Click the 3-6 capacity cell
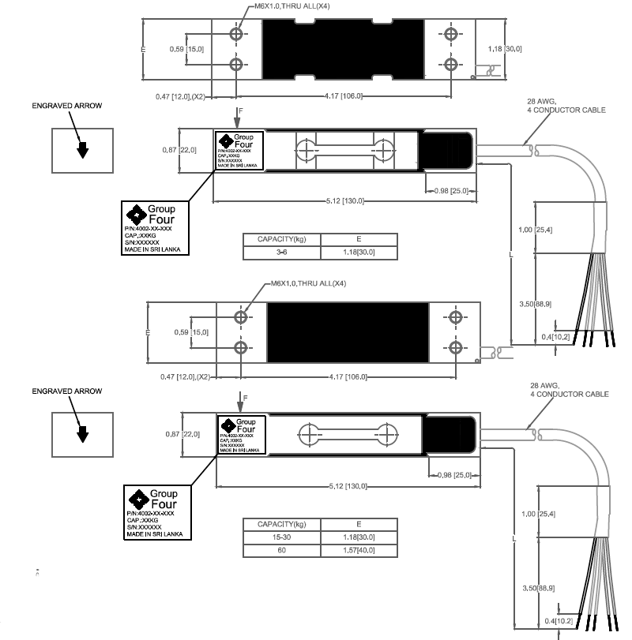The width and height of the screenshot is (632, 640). (281, 252)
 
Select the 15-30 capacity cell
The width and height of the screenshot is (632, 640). (281, 537)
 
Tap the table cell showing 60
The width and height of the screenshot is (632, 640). (281, 551)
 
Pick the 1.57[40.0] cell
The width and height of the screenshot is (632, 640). (358, 551)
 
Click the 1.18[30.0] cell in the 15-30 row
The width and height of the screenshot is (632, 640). (358, 537)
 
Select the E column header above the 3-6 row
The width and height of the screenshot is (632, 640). (358, 239)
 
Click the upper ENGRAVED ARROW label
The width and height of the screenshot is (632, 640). (67, 105)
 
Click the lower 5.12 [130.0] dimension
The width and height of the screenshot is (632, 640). (345, 485)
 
